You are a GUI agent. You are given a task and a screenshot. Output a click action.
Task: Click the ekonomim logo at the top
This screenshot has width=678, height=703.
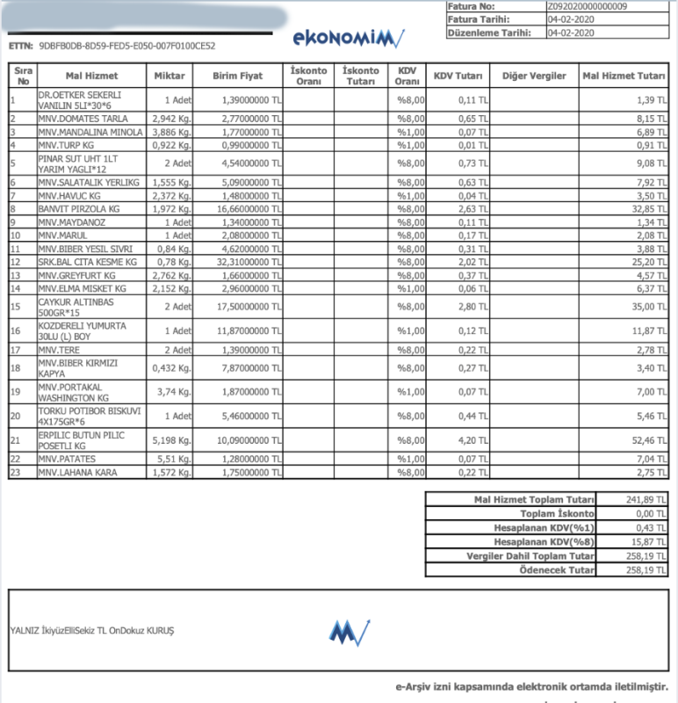pos(348,39)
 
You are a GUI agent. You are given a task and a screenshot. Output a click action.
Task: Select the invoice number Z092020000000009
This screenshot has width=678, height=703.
pos(588,6)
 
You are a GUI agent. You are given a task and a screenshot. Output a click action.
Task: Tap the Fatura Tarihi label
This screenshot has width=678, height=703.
pos(477,18)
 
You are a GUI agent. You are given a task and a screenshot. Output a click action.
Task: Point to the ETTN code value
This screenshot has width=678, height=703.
pos(127,46)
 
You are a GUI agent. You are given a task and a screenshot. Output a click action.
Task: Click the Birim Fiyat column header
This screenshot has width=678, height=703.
pos(238,76)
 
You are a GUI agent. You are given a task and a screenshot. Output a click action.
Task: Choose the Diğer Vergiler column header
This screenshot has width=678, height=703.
pos(534,76)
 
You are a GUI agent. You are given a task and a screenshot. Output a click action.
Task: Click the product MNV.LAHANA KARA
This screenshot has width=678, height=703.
pos(76,473)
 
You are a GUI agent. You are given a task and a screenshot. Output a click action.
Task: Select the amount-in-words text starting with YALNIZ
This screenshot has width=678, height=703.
pos(92,630)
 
